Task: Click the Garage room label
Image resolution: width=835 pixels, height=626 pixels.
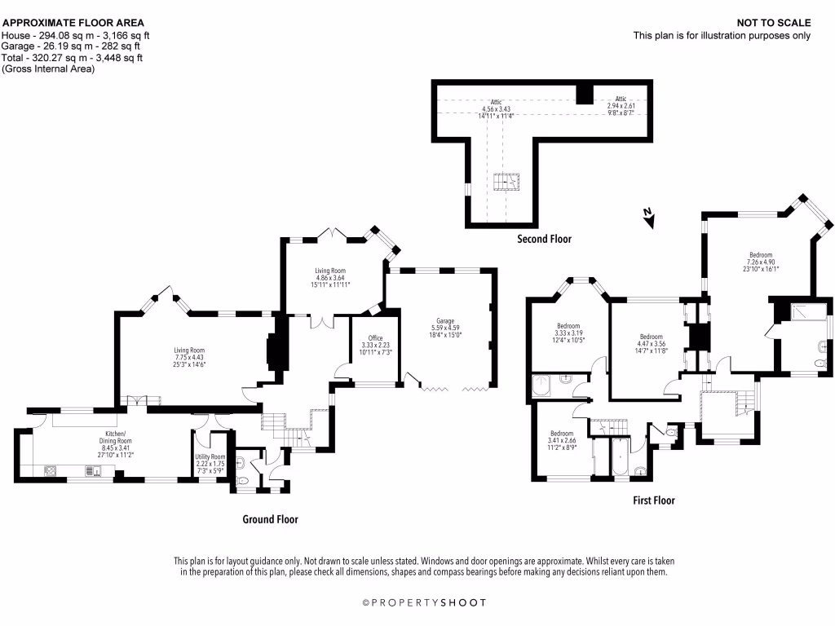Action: point(445,328)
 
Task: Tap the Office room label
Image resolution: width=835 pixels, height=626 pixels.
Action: point(375,345)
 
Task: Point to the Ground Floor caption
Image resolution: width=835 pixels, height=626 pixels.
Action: point(270,519)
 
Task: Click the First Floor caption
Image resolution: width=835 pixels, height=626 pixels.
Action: point(653,500)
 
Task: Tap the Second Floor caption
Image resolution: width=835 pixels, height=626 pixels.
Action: point(544,239)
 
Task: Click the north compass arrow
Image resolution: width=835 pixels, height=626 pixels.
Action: point(648,218)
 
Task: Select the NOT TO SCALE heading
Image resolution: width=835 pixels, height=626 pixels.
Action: point(774,23)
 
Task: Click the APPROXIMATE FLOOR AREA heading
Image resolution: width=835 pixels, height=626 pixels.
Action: point(73,23)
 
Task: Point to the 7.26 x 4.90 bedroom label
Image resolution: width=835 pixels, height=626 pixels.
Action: point(761,262)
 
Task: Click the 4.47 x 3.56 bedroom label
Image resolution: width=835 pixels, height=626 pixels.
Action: point(651,344)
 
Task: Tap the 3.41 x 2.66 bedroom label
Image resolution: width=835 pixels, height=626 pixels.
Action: point(562,440)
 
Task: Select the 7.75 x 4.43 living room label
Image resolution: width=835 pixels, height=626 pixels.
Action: point(189,357)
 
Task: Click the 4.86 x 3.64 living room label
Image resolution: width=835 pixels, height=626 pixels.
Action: point(330,277)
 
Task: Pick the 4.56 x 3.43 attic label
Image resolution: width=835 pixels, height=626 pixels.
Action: point(496,108)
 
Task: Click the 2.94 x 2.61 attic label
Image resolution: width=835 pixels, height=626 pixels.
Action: point(621,105)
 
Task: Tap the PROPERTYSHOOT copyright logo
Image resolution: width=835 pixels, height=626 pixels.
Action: point(424,602)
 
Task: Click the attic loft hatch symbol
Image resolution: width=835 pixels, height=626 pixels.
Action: point(506,182)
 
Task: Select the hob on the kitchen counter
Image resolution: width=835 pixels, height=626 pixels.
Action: point(51,470)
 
